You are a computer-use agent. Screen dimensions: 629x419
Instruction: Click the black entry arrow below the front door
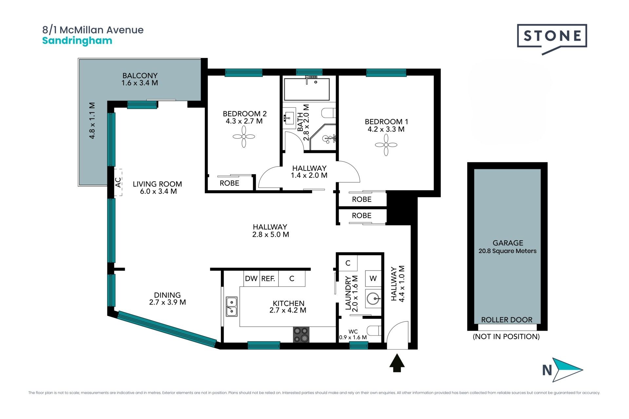(397, 363)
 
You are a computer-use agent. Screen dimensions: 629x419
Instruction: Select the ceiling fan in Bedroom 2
(244, 137)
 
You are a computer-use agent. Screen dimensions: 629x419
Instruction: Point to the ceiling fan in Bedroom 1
(386, 145)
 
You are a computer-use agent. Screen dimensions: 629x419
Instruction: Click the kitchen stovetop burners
(301, 335)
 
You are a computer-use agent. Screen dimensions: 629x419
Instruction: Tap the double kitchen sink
(232, 306)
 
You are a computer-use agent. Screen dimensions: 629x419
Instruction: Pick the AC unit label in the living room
(118, 182)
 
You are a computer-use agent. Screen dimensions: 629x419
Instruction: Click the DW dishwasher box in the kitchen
(252, 279)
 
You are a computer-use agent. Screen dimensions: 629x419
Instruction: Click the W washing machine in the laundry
(373, 279)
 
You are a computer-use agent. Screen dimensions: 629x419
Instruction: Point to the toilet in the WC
(375, 331)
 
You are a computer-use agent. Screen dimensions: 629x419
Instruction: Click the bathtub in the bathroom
(307, 89)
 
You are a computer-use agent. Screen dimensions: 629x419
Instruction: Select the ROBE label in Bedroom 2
(229, 183)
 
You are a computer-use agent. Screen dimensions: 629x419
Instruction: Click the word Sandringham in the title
(77, 41)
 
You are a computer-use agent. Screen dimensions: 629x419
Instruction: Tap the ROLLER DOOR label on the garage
(507, 320)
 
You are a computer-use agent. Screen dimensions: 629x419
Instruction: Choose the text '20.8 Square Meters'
(507, 251)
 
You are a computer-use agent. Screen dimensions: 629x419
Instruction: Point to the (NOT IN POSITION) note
(506, 337)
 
